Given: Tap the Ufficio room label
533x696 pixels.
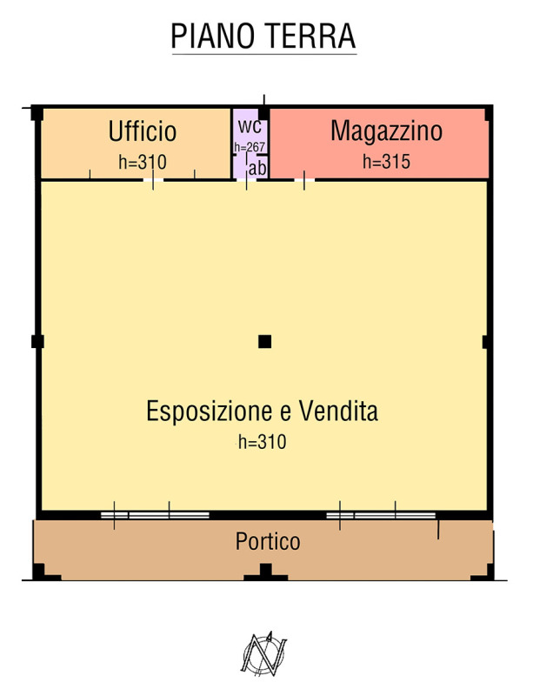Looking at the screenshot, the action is pyautogui.click(x=143, y=131).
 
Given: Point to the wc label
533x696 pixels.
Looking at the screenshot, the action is pyautogui.click(x=250, y=125).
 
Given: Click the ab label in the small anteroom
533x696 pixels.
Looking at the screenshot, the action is pyautogui.click(x=257, y=168).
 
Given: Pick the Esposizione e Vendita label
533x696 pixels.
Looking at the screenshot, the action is pyautogui.click(x=263, y=411).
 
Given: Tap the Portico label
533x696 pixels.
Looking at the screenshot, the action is pyautogui.click(x=268, y=541).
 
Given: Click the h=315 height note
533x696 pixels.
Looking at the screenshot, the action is pyautogui.click(x=387, y=162).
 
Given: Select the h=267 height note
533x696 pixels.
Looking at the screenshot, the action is pyautogui.click(x=250, y=146).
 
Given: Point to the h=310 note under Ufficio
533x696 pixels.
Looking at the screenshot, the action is pyautogui.click(x=143, y=162).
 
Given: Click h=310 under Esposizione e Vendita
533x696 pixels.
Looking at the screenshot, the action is pyautogui.click(x=263, y=442).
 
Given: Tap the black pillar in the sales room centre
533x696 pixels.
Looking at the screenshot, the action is pyautogui.click(x=265, y=341).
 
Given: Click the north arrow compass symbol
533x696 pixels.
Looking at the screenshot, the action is pyautogui.click(x=264, y=655).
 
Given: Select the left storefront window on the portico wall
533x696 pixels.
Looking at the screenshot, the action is pyautogui.click(x=156, y=515).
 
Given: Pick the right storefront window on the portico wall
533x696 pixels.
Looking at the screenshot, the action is pyautogui.click(x=381, y=515).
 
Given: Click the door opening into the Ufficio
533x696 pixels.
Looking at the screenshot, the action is pyautogui.click(x=154, y=179).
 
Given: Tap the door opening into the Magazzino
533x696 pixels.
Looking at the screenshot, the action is pyautogui.click(x=304, y=179).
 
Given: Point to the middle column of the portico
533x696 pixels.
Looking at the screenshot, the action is pyautogui.click(x=265, y=572).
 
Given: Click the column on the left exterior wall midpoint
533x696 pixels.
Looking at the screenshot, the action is pyautogui.click(x=37, y=341).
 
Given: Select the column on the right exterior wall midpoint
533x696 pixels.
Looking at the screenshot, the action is pyautogui.click(x=487, y=342).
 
